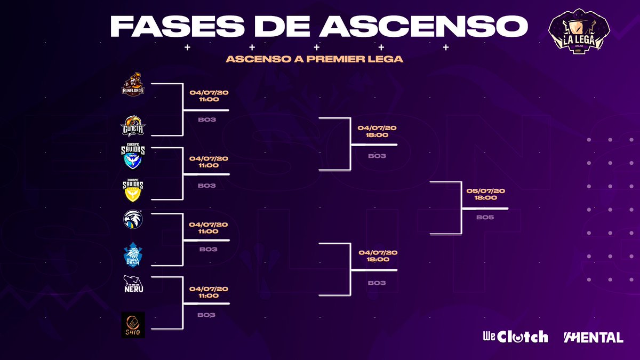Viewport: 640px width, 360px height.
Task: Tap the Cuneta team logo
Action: tap(134, 126)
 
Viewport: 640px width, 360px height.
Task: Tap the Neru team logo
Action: tap(133, 284)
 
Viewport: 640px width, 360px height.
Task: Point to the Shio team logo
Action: tap(133, 324)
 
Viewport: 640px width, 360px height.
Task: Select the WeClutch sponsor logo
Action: tap(515, 337)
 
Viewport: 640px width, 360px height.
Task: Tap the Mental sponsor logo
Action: tap(594, 337)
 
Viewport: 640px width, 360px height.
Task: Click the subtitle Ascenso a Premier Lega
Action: tap(314, 59)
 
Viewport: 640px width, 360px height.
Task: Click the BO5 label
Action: tap(485, 218)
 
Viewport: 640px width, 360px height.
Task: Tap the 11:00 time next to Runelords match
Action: tap(209, 99)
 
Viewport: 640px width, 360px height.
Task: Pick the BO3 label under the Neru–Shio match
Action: tap(206, 315)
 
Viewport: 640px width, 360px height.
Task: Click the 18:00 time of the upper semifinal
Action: tap(377, 135)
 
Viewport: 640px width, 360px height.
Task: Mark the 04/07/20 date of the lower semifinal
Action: tap(378, 252)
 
